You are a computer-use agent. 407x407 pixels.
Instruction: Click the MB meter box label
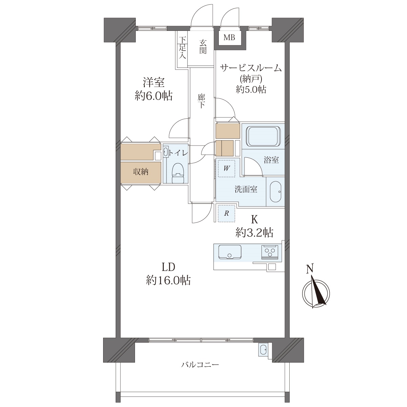(x=229, y=38)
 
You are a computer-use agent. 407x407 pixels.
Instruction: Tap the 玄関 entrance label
(x=202, y=47)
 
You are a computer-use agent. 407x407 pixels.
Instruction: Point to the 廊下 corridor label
(x=201, y=101)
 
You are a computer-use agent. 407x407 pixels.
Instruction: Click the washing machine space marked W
(x=226, y=169)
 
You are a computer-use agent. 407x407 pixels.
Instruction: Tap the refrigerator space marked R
(x=226, y=213)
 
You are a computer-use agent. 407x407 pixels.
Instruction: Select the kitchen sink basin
(x=230, y=252)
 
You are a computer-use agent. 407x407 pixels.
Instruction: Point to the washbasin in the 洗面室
(x=276, y=192)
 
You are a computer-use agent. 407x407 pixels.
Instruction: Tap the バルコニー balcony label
(x=200, y=365)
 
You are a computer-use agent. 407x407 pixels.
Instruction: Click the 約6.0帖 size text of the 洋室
(x=154, y=96)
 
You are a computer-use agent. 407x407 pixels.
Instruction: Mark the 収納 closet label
(x=141, y=172)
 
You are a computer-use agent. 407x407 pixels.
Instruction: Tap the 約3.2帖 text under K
(x=254, y=233)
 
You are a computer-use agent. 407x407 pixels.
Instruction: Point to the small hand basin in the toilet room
(x=166, y=152)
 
